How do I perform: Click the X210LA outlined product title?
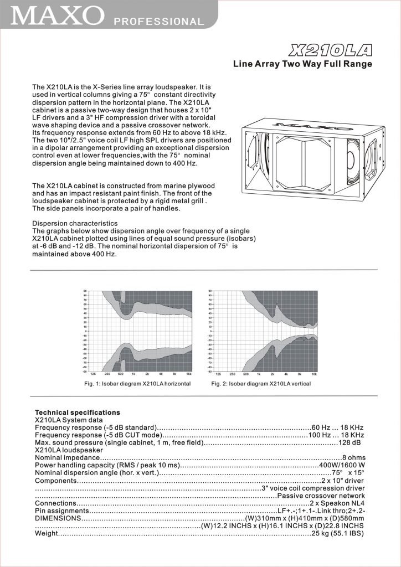tap(330, 51)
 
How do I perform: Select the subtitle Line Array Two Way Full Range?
tap(302, 64)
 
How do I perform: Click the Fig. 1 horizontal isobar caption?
tap(137, 383)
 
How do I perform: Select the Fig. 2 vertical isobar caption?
tap(261, 383)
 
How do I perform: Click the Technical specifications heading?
tap(78, 413)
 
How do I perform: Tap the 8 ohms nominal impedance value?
tap(353, 457)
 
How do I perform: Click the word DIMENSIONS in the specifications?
tap(58, 518)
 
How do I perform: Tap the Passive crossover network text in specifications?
tap(321, 496)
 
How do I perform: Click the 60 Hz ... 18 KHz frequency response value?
tap(337, 427)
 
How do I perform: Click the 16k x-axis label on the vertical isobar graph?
tap(314, 374)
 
